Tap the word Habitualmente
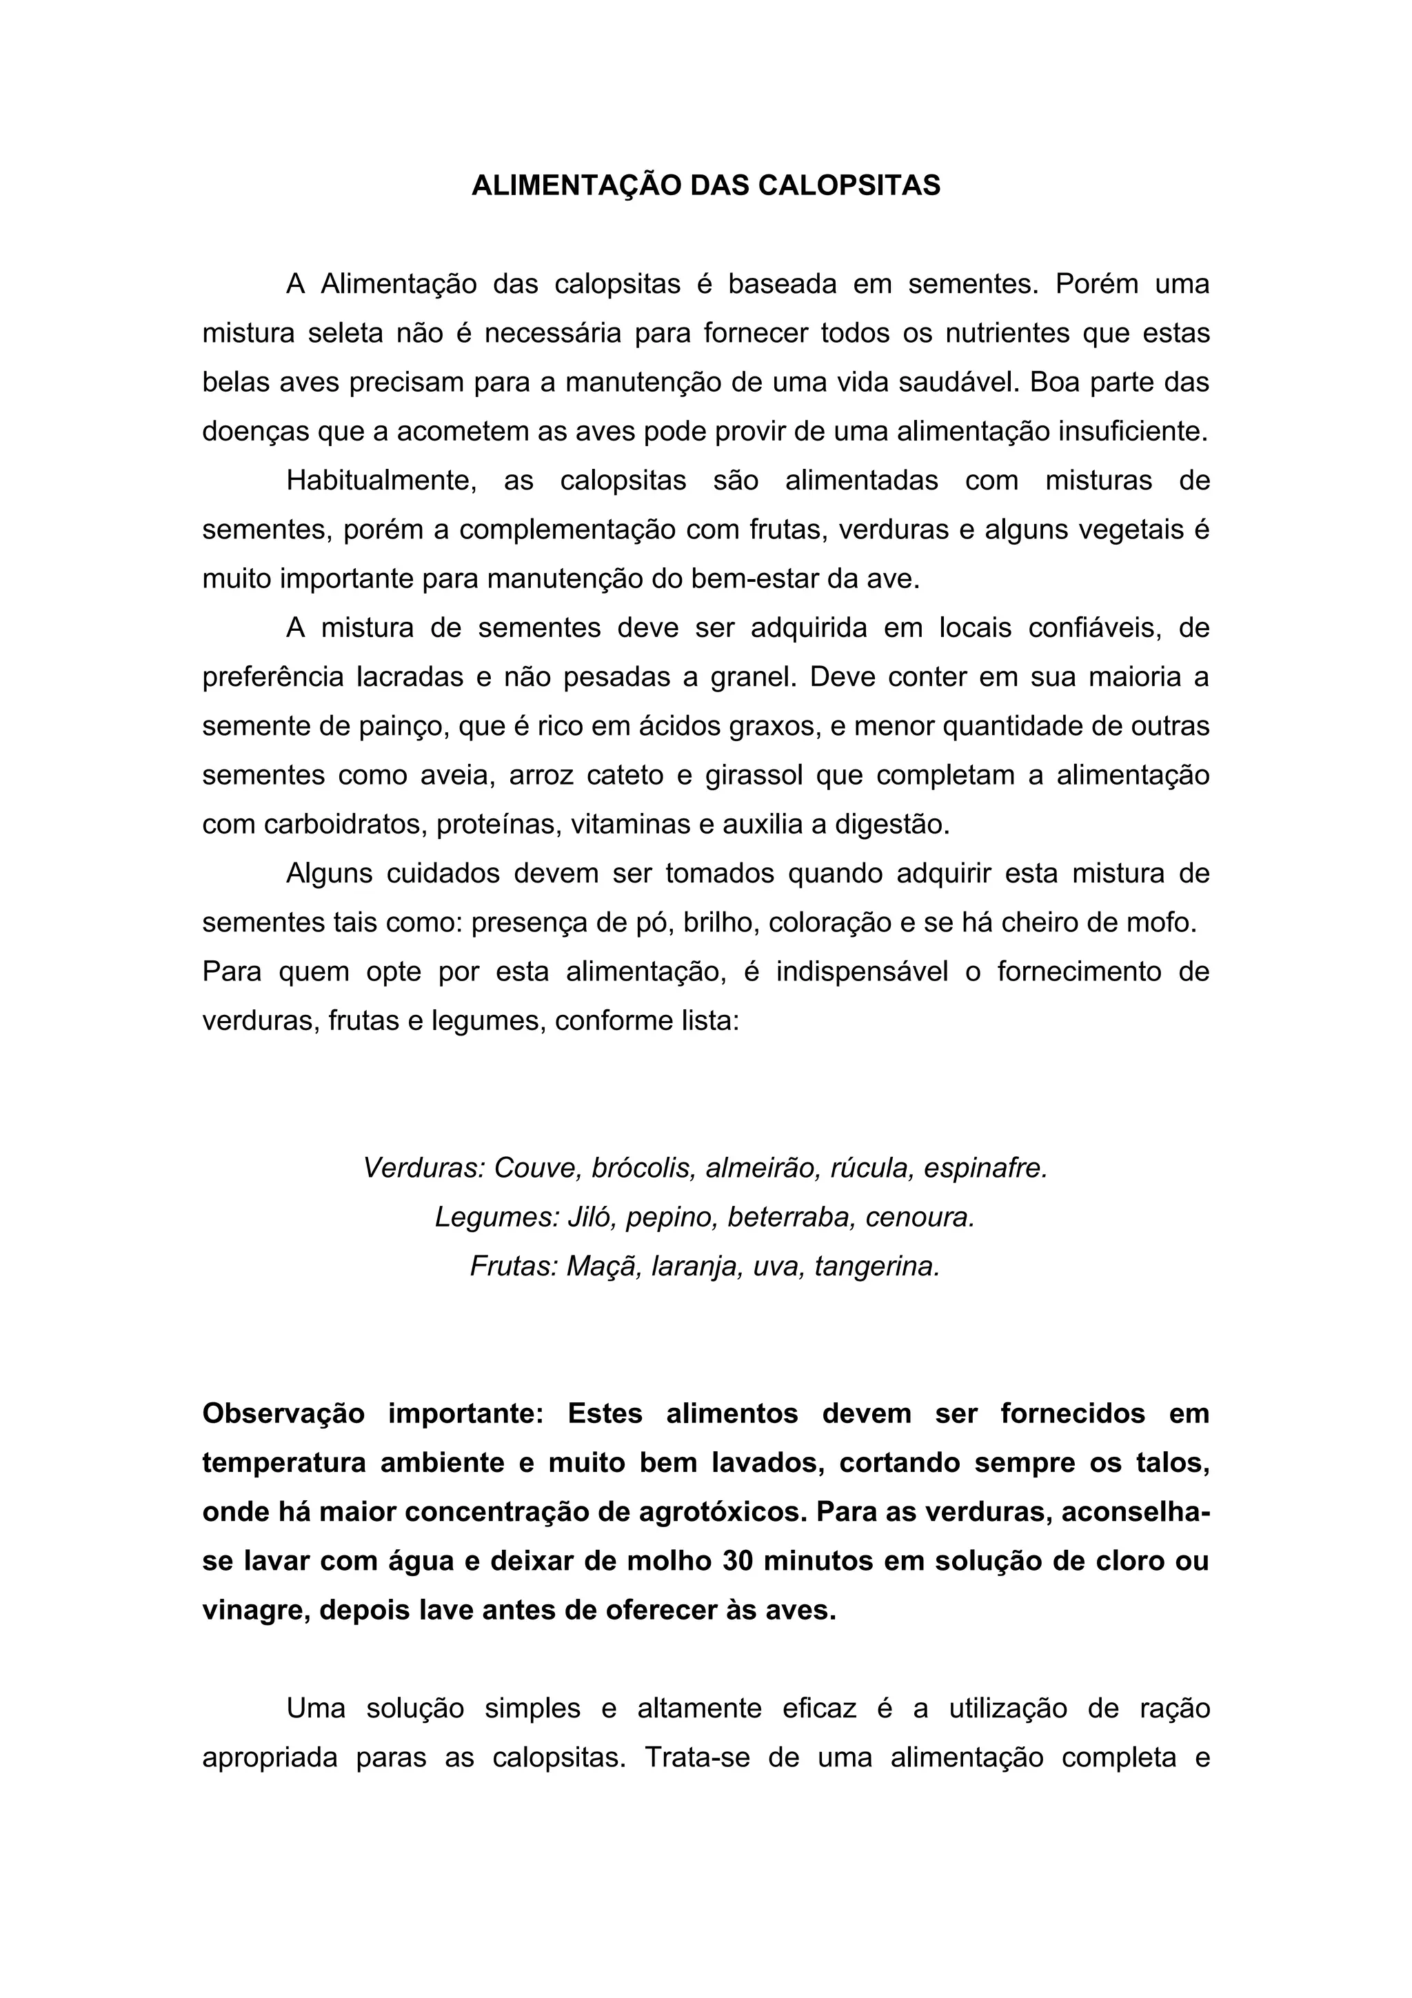pos(382,481)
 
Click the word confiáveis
pos(1096,628)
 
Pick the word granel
pos(754,678)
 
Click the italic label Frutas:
pos(513,1266)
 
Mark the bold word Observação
pos(283,1414)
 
